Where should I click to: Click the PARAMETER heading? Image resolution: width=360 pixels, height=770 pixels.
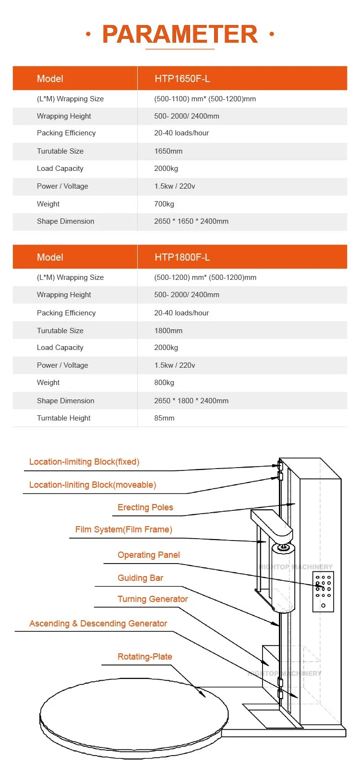pyautogui.click(x=180, y=34)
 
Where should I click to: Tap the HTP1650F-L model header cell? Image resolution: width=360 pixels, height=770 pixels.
pyautogui.click(x=182, y=79)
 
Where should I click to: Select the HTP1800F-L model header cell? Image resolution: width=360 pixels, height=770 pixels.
pyautogui.click(x=182, y=257)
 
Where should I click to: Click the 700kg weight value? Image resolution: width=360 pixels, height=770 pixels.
pyautogui.click(x=164, y=204)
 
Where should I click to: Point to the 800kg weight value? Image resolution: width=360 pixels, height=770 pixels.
pyautogui.click(x=164, y=383)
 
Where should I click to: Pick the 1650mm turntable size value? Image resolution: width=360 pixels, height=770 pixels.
pyautogui.click(x=168, y=151)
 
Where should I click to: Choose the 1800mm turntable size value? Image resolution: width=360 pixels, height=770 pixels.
pyautogui.click(x=168, y=331)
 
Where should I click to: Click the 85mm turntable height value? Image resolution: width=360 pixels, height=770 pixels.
pyautogui.click(x=164, y=418)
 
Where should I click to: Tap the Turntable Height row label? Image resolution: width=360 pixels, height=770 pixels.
pyautogui.click(x=63, y=418)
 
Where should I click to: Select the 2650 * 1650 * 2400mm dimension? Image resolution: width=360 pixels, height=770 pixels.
pyautogui.click(x=191, y=221)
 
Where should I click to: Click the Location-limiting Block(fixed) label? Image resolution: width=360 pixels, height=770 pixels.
pyautogui.click(x=84, y=462)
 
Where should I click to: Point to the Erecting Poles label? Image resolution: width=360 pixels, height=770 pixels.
pyautogui.click(x=145, y=507)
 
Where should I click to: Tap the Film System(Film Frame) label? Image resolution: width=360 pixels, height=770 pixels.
pyautogui.click(x=123, y=529)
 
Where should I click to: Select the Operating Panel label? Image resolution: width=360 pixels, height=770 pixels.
pyautogui.click(x=148, y=555)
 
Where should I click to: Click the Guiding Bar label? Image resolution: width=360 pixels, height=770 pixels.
pyautogui.click(x=140, y=578)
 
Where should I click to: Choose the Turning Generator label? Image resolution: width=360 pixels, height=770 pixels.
pyautogui.click(x=153, y=599)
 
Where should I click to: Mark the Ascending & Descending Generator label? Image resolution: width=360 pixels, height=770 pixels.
pyautogui.click(x=98, y=624)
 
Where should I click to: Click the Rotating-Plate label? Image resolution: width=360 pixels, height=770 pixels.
pyautogui.click(x=144, y=657)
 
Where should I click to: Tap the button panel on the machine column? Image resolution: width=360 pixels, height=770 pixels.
pyautogui.click(x=323, y=591)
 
